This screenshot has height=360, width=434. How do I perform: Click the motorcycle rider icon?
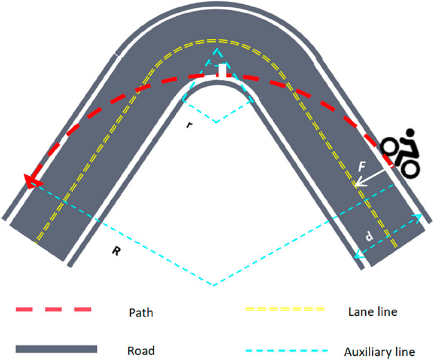point(401,152)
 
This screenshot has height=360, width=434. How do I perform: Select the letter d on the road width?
point(370,237)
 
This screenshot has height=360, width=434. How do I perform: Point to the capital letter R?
point(115,251)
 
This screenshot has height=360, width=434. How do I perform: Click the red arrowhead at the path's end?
point(29,178)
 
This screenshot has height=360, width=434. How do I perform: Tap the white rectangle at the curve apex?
point(222,70)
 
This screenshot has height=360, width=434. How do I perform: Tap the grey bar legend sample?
point(56,349)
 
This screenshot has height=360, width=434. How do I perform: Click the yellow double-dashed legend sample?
point(286,310)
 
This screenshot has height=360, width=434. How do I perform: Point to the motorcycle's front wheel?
point(390,145)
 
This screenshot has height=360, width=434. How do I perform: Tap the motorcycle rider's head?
point(409,133)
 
